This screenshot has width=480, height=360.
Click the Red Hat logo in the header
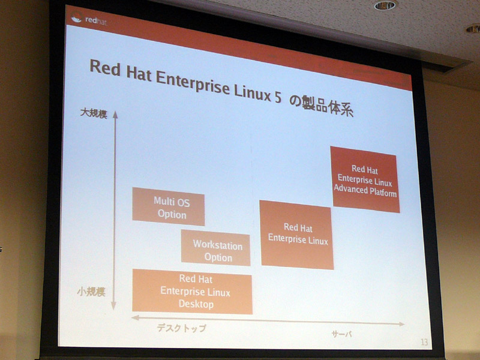point(89,20)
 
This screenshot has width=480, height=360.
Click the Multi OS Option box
point(169,206)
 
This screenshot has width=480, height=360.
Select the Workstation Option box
point(215,248)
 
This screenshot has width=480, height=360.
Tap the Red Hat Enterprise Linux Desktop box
point(192,292)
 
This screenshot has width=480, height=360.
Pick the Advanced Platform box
point(365,179)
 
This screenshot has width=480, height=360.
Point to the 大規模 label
point(94,113)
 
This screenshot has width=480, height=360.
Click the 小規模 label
point(91,292)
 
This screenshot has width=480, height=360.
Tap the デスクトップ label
point(182,328)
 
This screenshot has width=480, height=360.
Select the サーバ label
point(342,334)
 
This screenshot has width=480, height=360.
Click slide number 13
point(424,342)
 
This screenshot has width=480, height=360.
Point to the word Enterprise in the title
point(193,83)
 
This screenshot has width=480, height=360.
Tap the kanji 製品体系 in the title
point(327,106)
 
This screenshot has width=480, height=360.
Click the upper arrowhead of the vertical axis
point(115,115)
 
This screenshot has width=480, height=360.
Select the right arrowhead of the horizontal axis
point(401,324)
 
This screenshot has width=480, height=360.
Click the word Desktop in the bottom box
point(196,304)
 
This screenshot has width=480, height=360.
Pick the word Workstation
point(218,245)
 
